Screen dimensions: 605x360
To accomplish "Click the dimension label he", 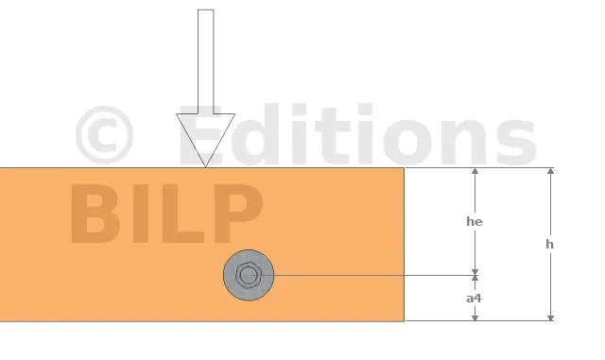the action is pyautogui.click(x=475, y=221).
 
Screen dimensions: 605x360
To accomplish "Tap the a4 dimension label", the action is pyautogui.click(x=474, y=299).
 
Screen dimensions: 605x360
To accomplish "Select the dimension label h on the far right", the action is pyautogui.click(x=549, y=244).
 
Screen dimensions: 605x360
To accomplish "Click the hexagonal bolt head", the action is pyautogui.click(x=249, y=275).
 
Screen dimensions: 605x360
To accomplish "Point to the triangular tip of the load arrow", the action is pyautogui.click(x=206, y=166).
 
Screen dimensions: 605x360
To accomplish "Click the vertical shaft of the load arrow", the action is pyautogui.click(x=206, y=61).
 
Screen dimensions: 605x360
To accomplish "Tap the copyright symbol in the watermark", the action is pyautogui.click(x=104, y=135).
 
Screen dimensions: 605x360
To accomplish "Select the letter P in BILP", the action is pyautogui.click(x=238, y=214).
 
